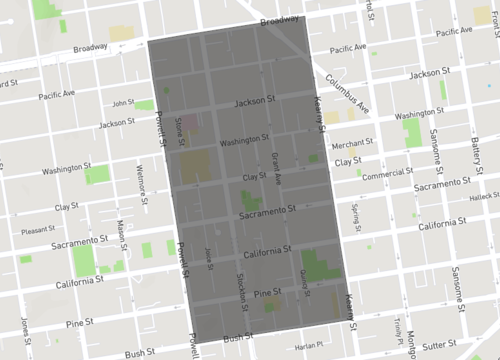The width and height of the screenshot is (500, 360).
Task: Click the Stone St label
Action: click(179, 129)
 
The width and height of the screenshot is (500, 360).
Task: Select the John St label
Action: click(123, 102)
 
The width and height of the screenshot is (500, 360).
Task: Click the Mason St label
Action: click(120, 234)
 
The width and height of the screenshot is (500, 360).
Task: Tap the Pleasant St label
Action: click(37, 229)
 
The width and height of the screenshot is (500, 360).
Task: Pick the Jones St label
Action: click(24, 326)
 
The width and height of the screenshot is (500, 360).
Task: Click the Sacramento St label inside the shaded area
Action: click(268, 212)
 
